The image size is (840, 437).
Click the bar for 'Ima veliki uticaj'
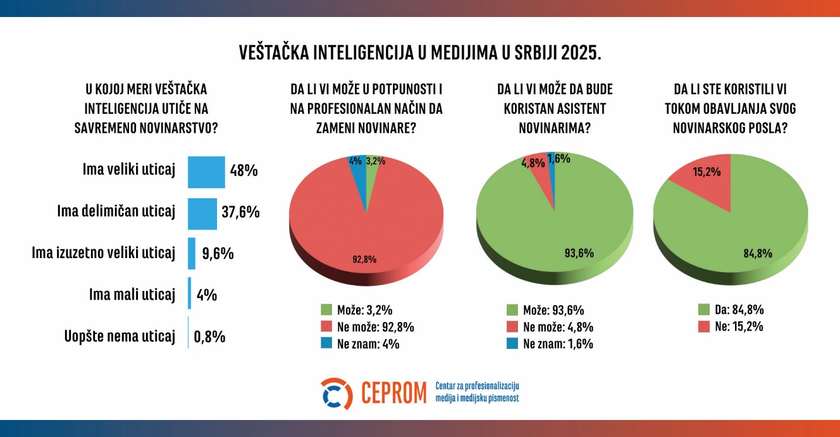[206, 172]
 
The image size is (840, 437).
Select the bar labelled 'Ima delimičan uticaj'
[202, 214]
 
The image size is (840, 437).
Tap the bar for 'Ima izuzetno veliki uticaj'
[191, 253]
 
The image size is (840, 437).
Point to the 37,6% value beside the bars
[241, 212]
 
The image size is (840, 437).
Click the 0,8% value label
[209, 337]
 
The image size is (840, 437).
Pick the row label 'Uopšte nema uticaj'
[120, 337]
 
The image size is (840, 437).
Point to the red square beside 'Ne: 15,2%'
[704, 327]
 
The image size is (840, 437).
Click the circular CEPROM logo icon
[337, 394]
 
